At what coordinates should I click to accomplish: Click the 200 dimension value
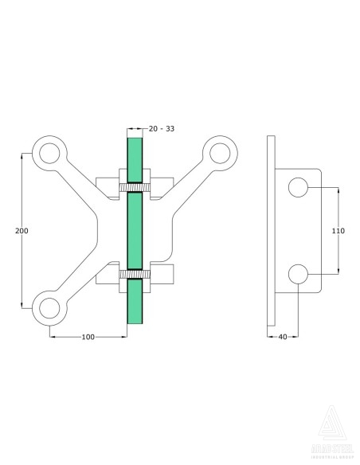[x=22, y=230]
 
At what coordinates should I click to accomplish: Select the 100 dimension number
[x=88, y=337]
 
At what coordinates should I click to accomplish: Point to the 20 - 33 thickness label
[x=162, y=128]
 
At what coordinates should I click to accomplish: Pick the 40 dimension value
[x=283, y=337]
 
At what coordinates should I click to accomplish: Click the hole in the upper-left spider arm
[x=49, y=153]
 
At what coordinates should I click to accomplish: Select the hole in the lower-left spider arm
[x=49, y=307]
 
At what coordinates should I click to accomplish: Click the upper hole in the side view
[x=298, y=188]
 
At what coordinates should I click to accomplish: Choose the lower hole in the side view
[x=298, y=273]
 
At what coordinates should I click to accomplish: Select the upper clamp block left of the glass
[x=108, y=185]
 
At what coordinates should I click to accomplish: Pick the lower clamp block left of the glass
[x=108, y=276]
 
